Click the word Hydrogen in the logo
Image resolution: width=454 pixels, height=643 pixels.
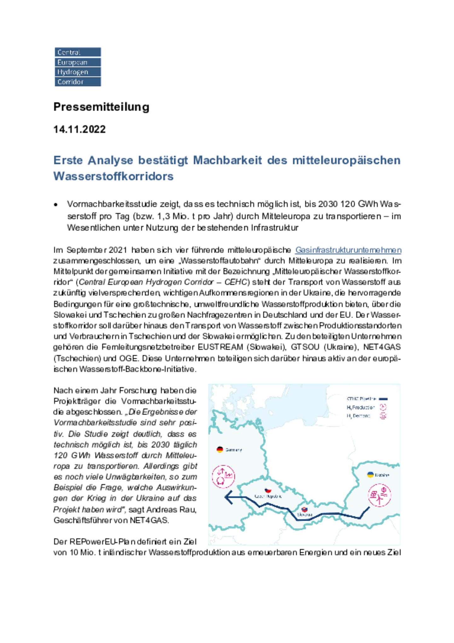73,72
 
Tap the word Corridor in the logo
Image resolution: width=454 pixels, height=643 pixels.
70,82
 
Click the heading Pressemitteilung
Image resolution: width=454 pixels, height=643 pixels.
101,107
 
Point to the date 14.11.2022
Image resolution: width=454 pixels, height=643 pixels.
79,129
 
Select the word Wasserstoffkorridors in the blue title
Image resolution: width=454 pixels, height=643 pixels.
113,176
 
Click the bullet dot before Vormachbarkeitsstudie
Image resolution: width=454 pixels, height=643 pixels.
56,205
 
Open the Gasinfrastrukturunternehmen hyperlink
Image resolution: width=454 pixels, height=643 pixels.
348,250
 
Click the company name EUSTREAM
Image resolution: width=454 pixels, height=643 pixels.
220,347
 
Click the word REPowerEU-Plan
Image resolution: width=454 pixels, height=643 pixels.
98,542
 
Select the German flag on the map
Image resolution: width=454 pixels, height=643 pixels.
220,450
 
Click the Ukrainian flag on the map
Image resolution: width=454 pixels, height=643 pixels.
370,475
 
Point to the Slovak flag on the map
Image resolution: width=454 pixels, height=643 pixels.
304,509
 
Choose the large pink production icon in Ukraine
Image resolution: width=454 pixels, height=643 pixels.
380,495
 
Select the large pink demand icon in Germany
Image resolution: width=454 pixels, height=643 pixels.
224,476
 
